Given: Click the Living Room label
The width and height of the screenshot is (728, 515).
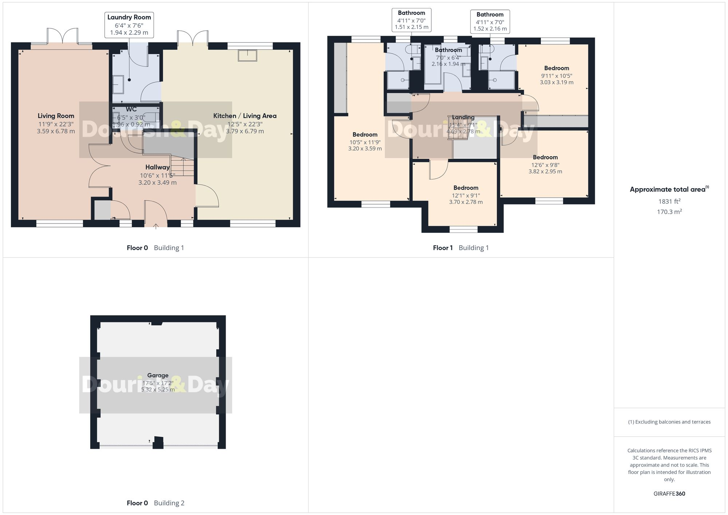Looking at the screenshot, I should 56,116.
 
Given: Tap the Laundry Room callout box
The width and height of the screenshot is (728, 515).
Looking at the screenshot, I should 129,25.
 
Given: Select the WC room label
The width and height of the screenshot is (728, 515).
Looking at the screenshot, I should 131,110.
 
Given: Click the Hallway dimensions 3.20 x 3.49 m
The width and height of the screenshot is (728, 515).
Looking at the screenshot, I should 157,183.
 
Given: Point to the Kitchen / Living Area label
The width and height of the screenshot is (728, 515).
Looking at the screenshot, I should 245,116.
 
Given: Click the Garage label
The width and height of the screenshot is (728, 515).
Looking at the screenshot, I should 158,375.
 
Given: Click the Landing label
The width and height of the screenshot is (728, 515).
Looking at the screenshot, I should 463,117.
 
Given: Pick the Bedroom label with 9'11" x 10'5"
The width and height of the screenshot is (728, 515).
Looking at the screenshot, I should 556,68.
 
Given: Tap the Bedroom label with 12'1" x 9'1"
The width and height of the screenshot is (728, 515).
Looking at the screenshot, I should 466,188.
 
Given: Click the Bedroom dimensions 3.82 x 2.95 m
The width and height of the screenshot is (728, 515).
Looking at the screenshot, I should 545,171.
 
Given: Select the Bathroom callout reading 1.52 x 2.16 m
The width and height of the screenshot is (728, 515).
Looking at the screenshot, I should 490,21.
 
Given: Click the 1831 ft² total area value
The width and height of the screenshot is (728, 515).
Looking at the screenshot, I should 669,201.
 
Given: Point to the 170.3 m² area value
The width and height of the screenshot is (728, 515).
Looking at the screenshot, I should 669,212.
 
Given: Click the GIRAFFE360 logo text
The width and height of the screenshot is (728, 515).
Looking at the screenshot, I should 669,494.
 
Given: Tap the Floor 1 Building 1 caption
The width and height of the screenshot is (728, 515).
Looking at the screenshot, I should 460,248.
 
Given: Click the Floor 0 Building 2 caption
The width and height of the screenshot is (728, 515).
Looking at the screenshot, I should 155,503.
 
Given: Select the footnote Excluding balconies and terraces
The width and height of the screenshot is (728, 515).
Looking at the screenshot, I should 669,422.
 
